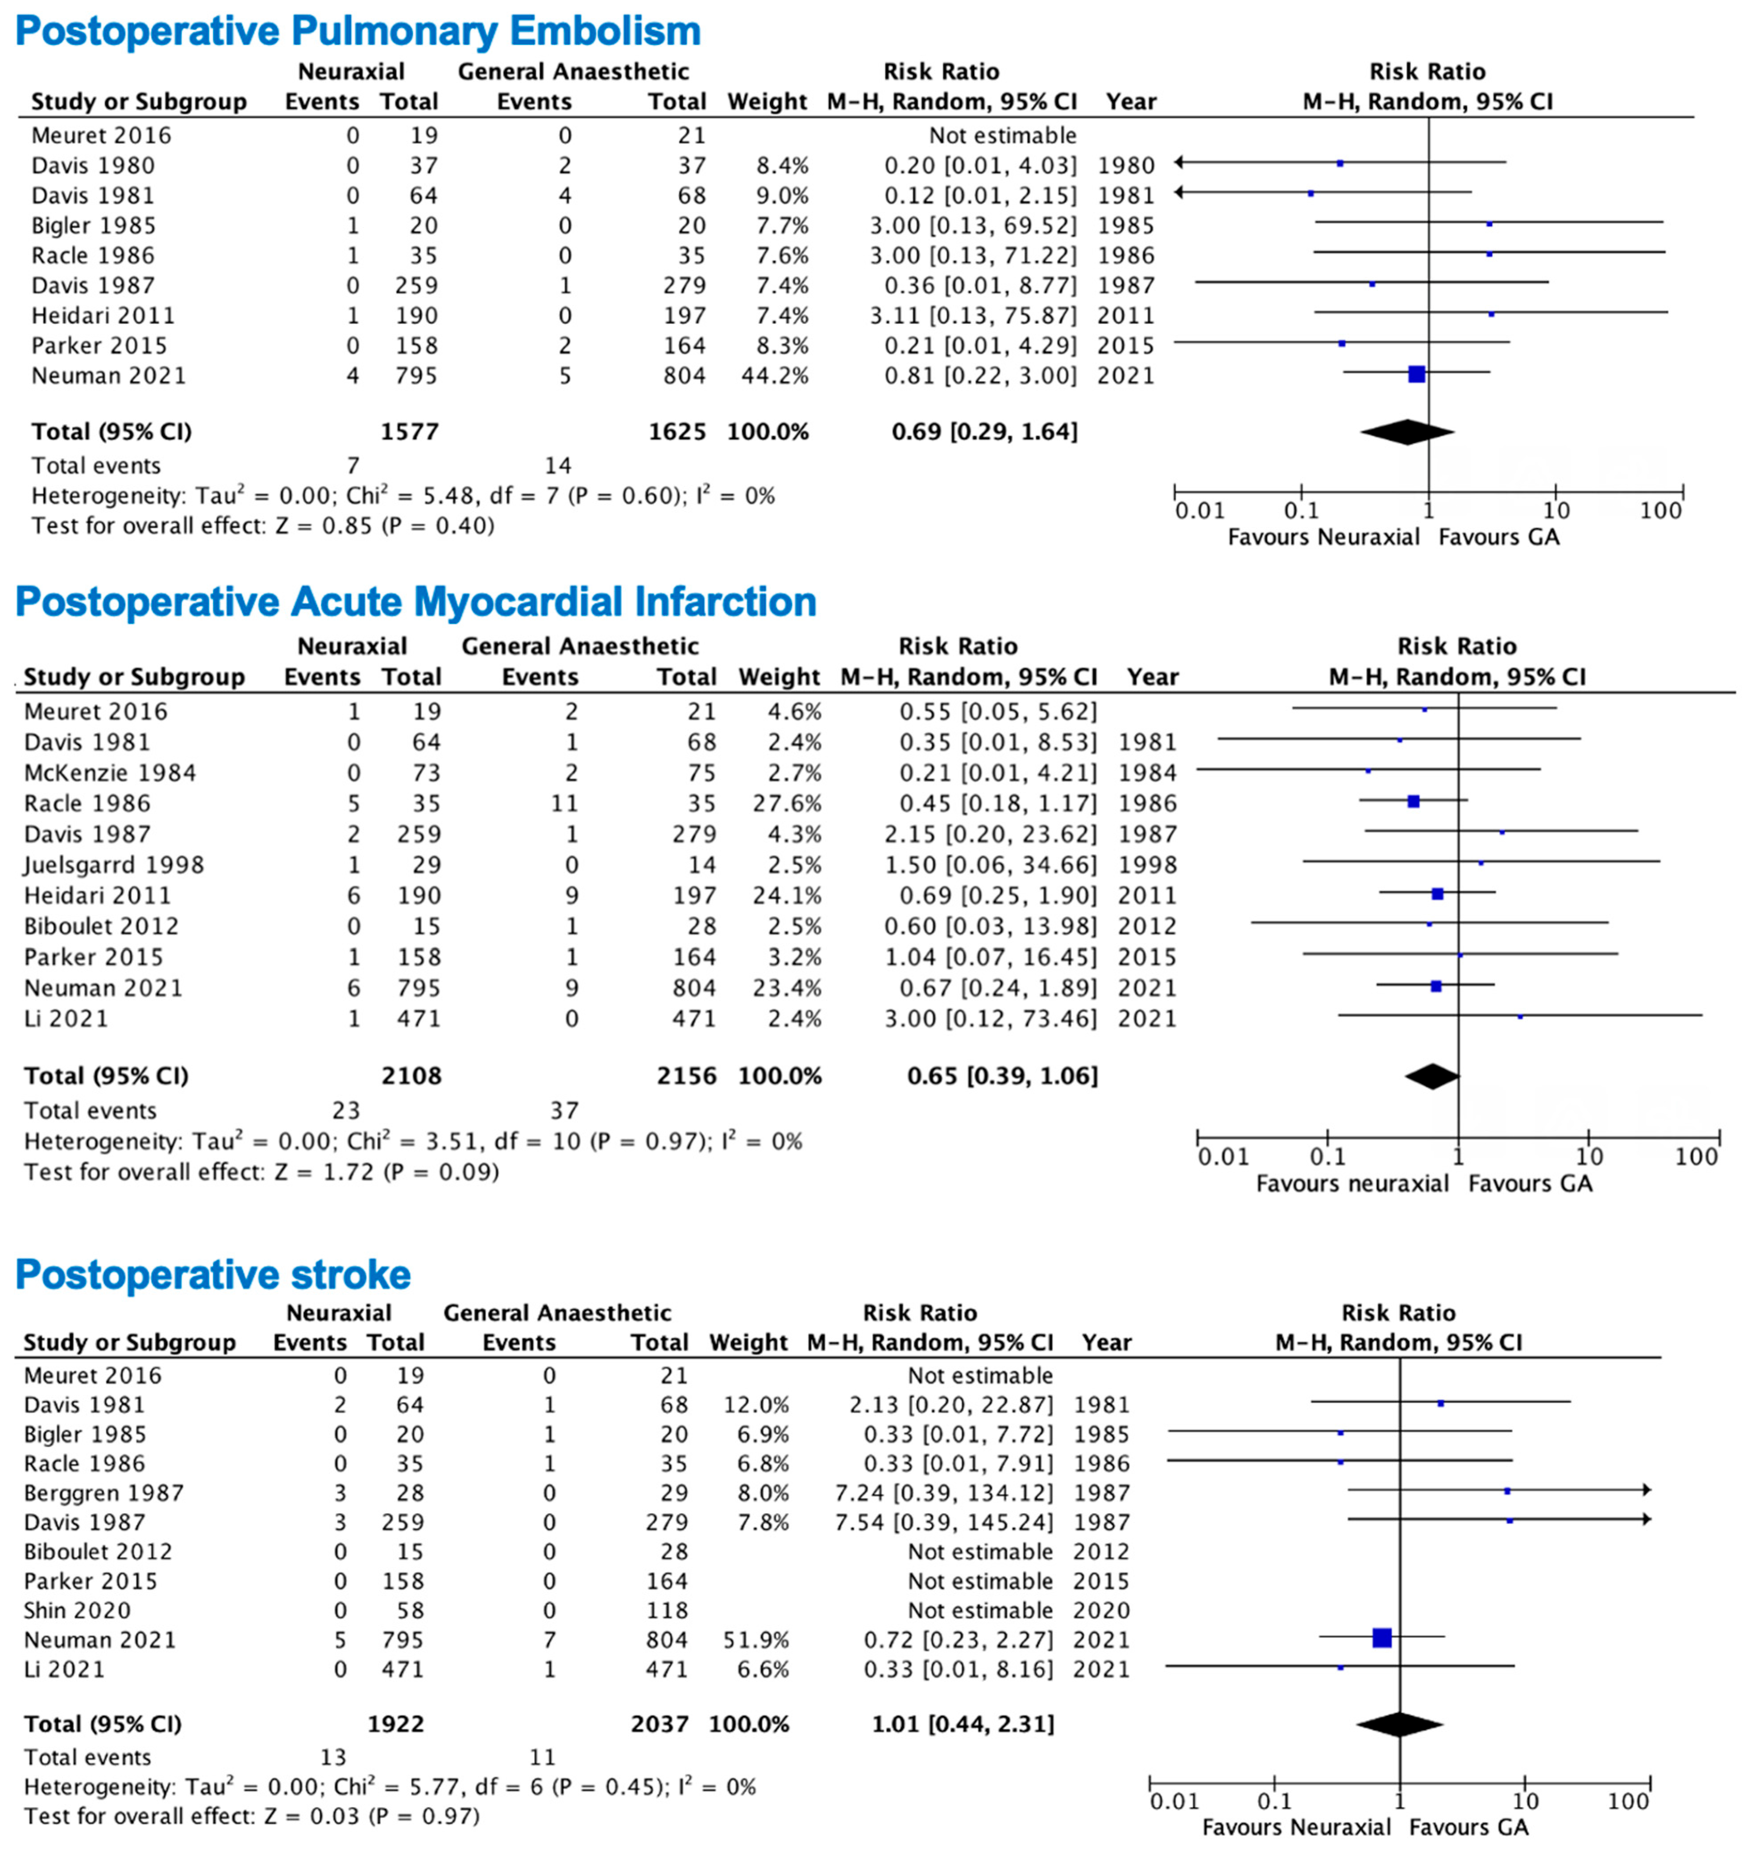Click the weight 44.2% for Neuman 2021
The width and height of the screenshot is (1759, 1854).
(x=767, y=376)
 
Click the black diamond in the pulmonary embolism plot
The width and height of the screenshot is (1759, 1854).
(x=1406, y=432)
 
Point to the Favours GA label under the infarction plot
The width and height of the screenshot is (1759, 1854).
(x=1530, y=1184)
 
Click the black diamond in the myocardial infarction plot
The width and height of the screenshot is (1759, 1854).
(x=1432, y=1076)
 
